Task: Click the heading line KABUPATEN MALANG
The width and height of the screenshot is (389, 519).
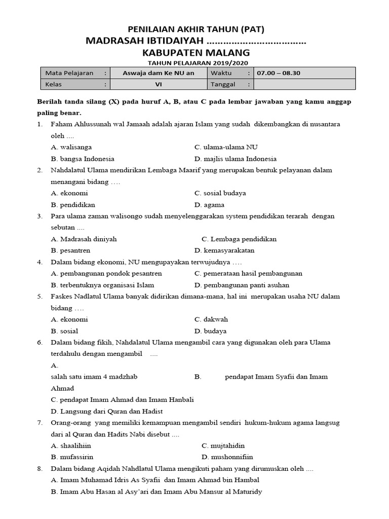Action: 195,52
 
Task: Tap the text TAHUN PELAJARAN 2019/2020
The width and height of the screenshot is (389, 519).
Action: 195,63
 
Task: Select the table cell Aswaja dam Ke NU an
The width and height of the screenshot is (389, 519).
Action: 158,73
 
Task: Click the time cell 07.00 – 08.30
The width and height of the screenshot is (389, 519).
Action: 279,73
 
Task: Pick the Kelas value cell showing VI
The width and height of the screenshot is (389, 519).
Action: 158,84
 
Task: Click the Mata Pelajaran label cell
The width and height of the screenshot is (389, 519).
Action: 70,73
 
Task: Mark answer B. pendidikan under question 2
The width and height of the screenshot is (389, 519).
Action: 73,205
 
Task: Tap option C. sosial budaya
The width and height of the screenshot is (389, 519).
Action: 220,193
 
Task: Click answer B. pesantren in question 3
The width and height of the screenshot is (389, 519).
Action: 71,250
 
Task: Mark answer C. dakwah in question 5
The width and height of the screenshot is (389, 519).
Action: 211,319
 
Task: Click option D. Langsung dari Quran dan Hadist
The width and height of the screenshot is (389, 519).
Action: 107,411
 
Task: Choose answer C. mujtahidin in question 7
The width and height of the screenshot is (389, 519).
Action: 223,446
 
